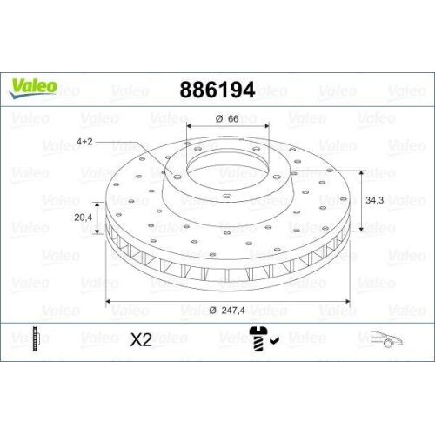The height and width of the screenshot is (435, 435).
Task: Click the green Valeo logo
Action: pos(34,86)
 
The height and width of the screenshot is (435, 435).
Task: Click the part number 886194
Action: pos(217,90)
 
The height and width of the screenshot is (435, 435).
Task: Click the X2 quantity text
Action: pos(140,340)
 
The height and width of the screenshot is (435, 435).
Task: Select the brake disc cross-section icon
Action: pos(35,339)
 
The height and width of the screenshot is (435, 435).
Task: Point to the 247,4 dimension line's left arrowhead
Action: pos(108,301)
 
